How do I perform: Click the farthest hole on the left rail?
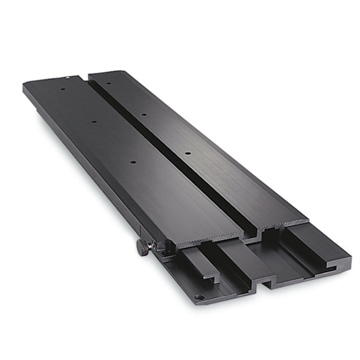62,89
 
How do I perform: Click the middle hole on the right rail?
144,114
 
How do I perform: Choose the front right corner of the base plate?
349,265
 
